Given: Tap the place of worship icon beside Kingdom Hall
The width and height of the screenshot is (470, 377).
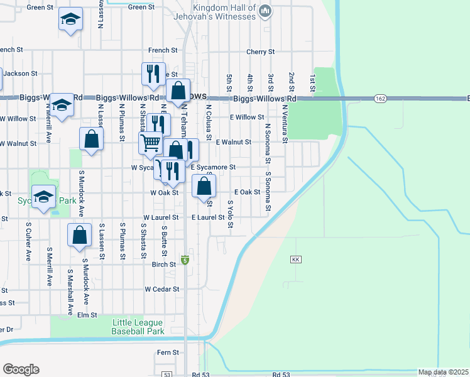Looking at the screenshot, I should (x=265, y=11).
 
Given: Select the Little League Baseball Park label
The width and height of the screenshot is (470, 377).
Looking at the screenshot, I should (x=138, y=326).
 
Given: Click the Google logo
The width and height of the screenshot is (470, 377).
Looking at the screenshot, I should (x=21, y=369).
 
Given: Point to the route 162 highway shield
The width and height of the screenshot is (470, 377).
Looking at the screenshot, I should (x=380, y=99).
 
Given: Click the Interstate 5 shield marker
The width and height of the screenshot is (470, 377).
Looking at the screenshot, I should (x=185, y=260).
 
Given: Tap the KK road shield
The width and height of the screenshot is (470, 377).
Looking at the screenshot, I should (x=296, y=260).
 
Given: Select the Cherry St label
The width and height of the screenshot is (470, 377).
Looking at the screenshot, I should (x=261, y=52).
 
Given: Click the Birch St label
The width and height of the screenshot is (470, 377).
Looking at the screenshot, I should (x=164, y=265).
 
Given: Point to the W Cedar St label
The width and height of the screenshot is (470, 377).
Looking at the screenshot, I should (x=162, y=289).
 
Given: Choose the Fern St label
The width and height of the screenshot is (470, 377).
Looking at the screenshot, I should (x=168, y=352).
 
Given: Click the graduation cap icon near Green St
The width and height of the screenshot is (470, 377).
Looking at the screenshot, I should (x=70, y=20).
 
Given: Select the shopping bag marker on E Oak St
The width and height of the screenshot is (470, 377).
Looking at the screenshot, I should (x=204, y=187).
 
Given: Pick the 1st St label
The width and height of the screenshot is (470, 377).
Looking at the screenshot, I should (x=312, y=81).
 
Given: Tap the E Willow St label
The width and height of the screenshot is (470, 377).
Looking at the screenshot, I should (x=247, y=117).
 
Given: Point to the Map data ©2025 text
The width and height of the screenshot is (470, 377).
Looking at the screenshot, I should (x=443, y=372).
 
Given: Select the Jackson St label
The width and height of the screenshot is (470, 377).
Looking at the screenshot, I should (x=21, y=74).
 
